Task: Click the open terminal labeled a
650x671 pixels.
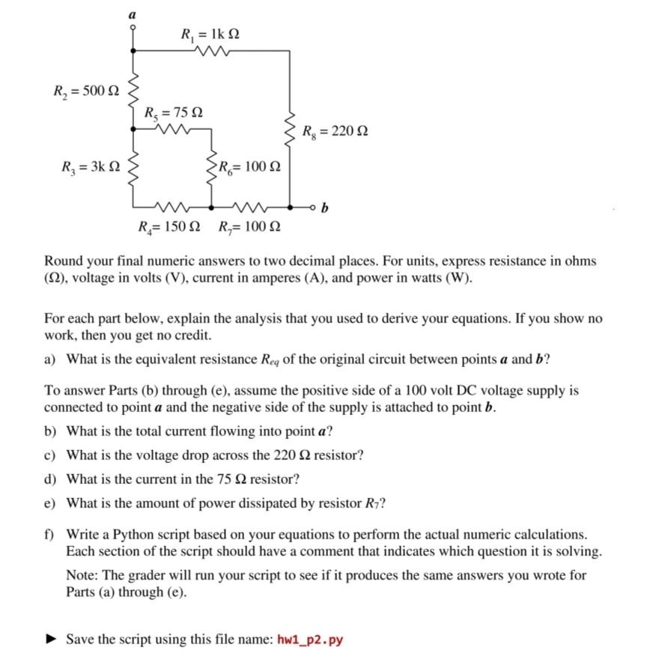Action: (133, 27)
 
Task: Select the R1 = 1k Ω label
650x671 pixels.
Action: (210, 34)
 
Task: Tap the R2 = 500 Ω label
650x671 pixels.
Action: (85, 93)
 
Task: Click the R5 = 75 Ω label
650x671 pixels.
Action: (173, 113)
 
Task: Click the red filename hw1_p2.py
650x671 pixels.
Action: (310, 640)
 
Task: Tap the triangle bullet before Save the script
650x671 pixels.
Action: (51, 640)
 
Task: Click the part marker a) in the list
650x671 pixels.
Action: (50, 358)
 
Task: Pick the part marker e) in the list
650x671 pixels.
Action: (50, 503)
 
